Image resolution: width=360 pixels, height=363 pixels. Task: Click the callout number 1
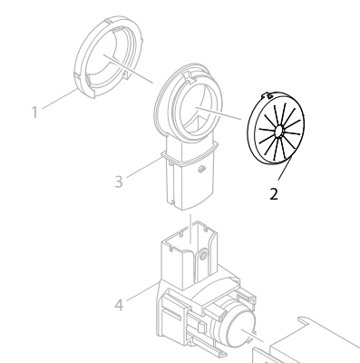pos(34,113)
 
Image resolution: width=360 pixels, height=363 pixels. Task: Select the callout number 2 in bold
pos(274,194)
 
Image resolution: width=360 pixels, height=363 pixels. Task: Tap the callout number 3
pos(119,181)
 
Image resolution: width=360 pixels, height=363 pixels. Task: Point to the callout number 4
pos(119,305)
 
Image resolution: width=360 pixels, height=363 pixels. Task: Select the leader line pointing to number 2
pos(285,169)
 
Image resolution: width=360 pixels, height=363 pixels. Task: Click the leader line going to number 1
pos(60,98)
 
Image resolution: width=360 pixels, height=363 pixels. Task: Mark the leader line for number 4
pos(142,292)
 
